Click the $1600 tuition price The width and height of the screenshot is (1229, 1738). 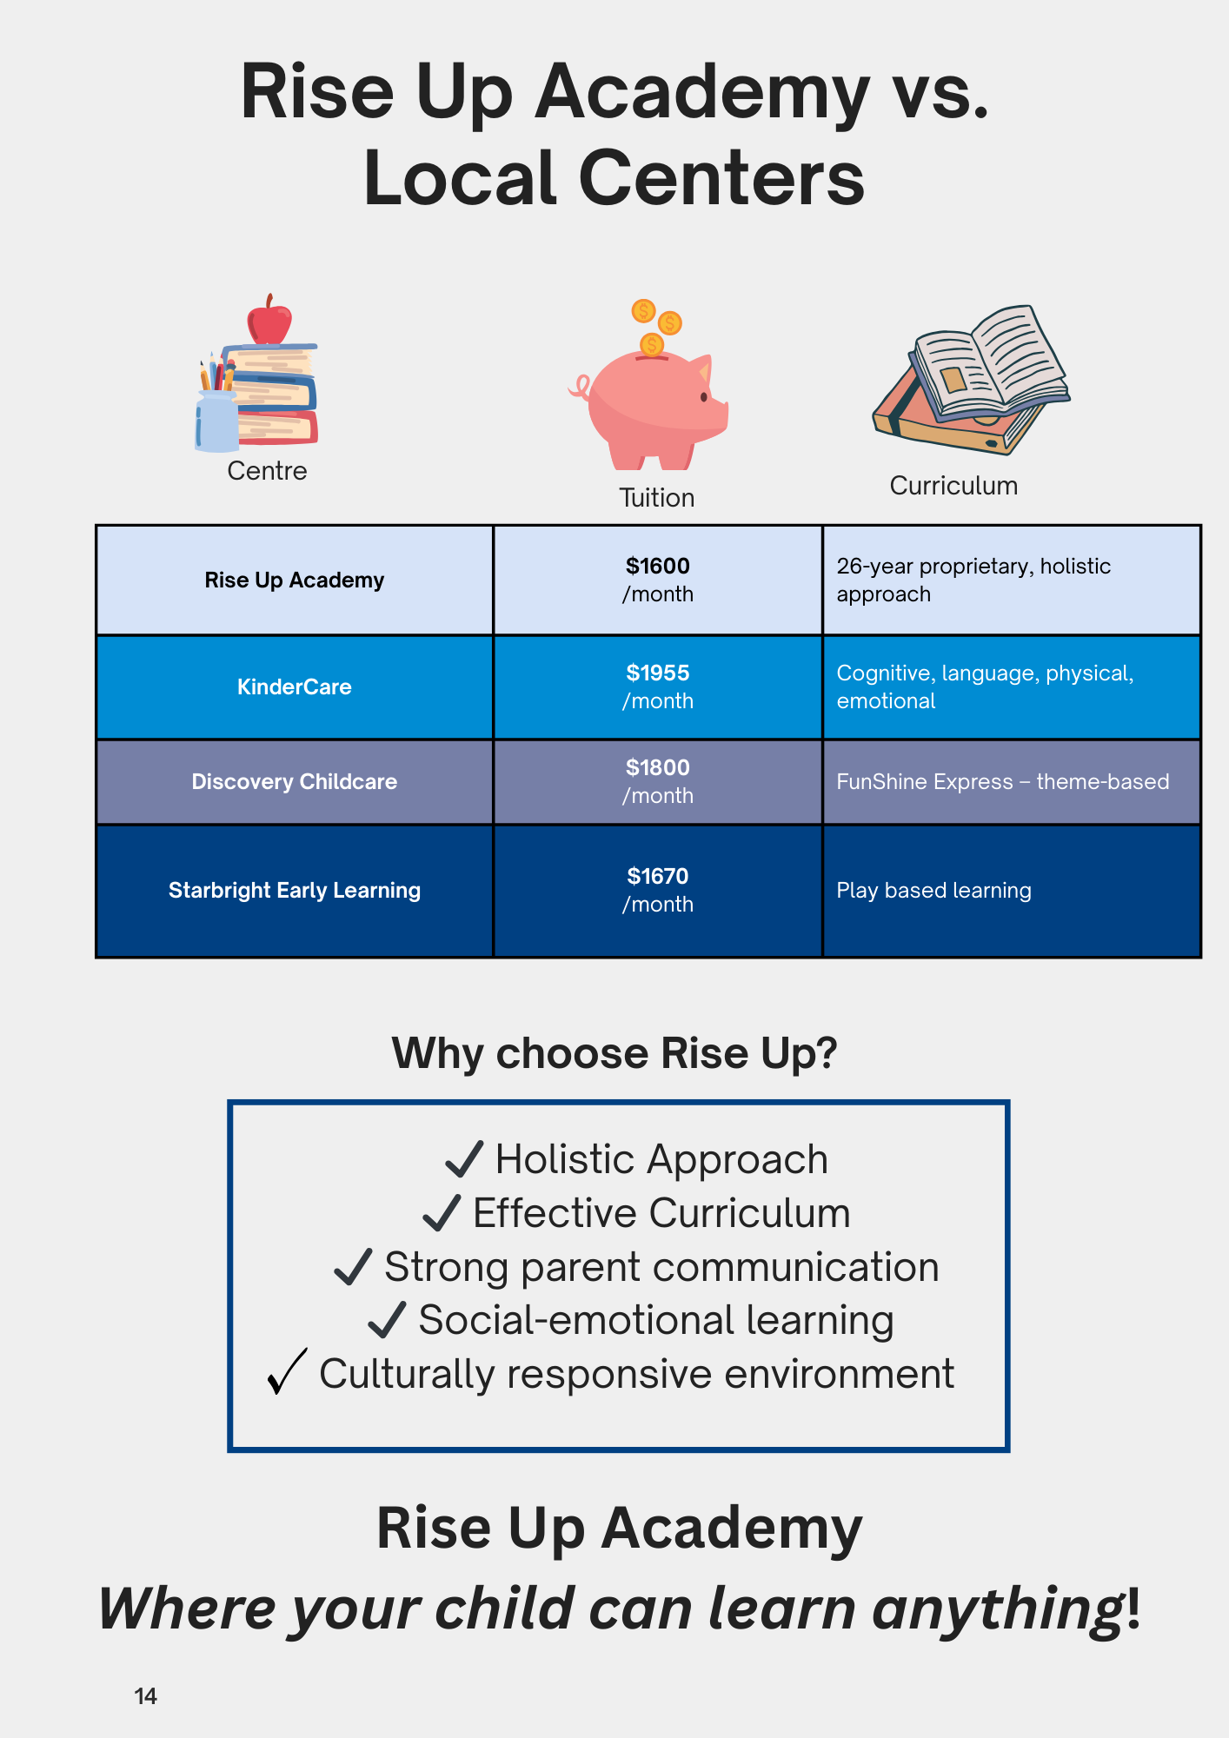(x=658, y=567)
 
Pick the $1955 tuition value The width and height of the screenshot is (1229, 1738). (x=658, y=673)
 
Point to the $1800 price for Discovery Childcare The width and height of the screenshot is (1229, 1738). (x=658, y=768)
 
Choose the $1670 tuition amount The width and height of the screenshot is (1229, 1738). (x=658, y=877)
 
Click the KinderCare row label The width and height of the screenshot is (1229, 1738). (x=295, y=687)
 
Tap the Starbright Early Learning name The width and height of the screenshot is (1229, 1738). (x=295, y=891)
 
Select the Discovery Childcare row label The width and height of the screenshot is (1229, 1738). (x=295, y=782)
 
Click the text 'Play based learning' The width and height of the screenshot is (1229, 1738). (x=933, y=891)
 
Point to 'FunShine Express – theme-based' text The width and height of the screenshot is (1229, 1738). (x=1002, y=782)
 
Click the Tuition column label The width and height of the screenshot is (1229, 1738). (x=657, y=498)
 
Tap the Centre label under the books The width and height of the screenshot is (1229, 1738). (x=267, y=471)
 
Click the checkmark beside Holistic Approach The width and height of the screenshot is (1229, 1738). (x=464, y=1159)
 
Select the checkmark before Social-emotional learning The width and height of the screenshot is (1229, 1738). (x=387, y=1319)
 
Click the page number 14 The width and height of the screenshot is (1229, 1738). (x=146, y=1696)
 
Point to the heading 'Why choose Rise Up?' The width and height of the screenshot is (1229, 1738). (x=614, y=1053)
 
